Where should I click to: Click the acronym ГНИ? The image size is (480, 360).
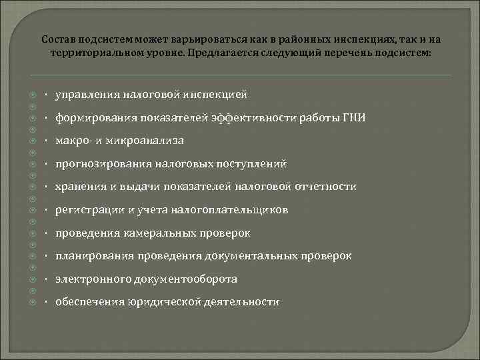point(353,118)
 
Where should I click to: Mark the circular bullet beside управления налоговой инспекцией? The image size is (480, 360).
point(32,95)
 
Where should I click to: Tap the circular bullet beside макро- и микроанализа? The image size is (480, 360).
point(32,141)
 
